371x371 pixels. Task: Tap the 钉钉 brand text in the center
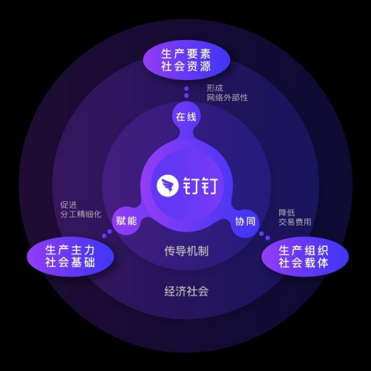[200, 185]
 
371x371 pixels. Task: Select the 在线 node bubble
[186, 116]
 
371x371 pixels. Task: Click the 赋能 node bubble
[126, 220]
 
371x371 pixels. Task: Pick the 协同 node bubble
[245, 221]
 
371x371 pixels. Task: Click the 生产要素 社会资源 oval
[186, 60]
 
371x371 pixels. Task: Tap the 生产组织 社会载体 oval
[305, 257]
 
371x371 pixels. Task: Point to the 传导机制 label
[186, 251]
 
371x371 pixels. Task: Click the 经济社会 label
[186, 291]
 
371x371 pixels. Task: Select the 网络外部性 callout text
[227, 97]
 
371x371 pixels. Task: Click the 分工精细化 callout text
[81, 214]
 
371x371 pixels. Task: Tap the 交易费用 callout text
[295, 222]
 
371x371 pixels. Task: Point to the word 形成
[214, 88]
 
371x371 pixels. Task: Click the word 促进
[68, 205]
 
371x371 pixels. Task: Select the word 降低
[286, 213]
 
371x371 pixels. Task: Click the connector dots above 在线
[187, 92]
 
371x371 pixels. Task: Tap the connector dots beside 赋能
[107, 234]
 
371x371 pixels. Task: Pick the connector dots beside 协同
[265, 236]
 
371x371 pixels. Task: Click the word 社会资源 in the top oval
[186, 66]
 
